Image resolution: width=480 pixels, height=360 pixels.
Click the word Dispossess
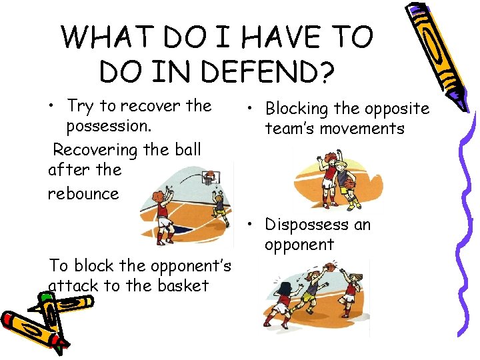[307, 225]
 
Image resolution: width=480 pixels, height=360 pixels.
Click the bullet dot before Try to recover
[52, 107]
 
